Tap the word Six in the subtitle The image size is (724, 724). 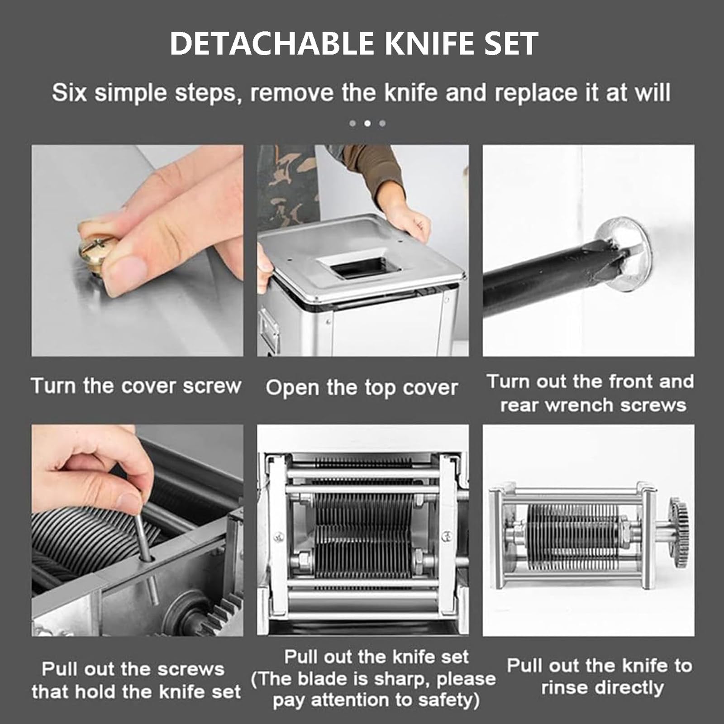point(69,93)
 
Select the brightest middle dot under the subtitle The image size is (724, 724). point(367,123)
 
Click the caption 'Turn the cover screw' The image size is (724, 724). point(136,386)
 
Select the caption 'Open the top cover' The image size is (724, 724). point(362,388)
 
